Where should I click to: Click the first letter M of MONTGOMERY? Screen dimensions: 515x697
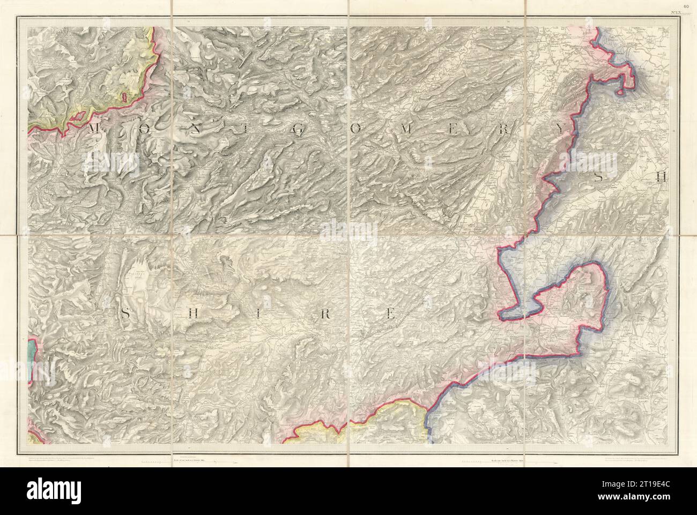[93, 128]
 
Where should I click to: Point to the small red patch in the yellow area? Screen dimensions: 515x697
[124, 97]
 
